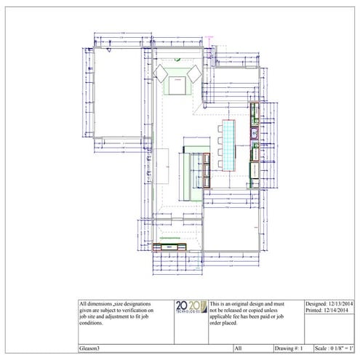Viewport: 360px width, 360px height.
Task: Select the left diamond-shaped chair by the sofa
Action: (x=161, y=72)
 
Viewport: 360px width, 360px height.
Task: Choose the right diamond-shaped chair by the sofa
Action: (x=194, y=72)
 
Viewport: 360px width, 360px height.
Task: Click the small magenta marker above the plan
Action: (x=208, y=34)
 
